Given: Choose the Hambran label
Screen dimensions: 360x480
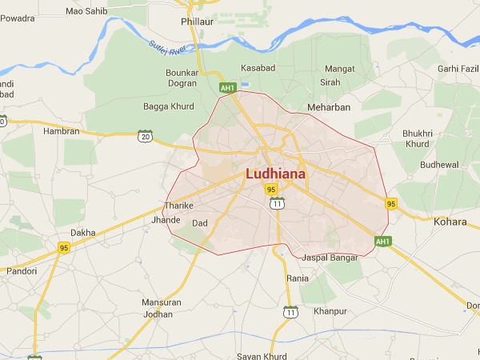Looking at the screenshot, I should [62, 131].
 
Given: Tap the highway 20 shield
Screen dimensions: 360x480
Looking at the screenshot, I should [144, 137].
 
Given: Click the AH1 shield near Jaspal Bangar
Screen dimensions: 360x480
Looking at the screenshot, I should [382, 241].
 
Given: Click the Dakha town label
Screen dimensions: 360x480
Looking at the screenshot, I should [82, 233].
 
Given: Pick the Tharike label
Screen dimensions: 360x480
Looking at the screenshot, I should [178, 206].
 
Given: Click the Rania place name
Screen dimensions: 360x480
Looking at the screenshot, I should [298, 278].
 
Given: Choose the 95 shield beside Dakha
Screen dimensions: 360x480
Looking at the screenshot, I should [64, 247].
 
